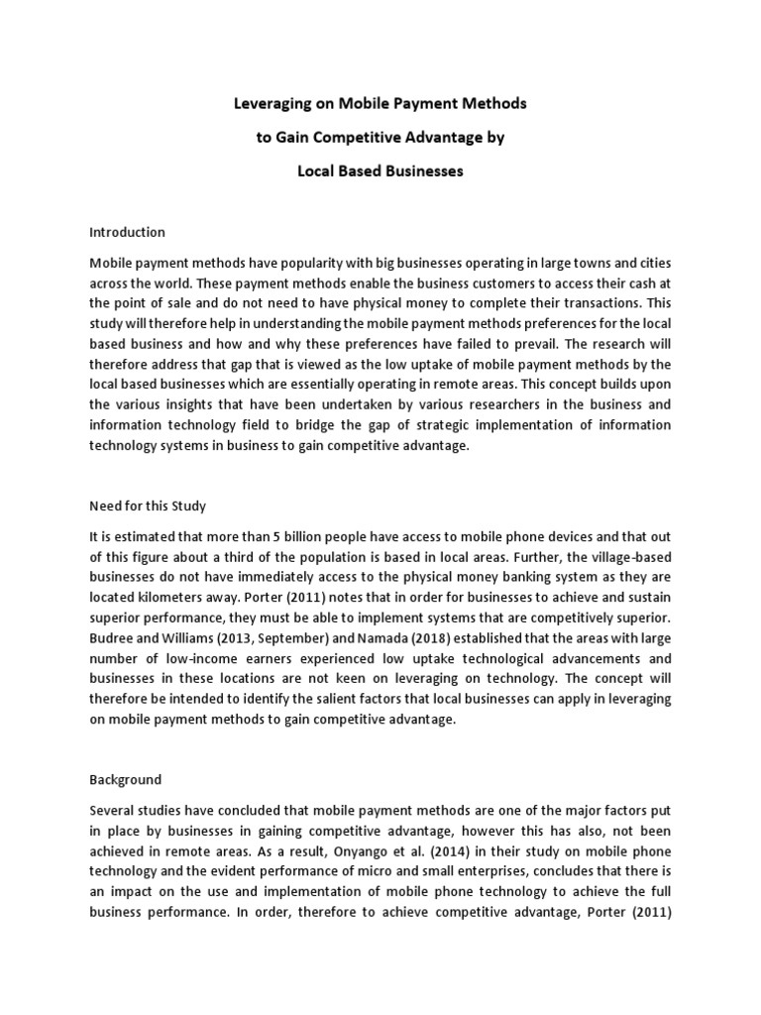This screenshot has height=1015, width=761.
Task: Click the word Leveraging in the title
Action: pos(270,103)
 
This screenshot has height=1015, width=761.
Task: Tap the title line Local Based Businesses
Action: pos(380,171)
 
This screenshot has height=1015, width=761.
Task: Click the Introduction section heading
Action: pos(127,233)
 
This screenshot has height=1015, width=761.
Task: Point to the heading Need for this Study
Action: pos(148,507)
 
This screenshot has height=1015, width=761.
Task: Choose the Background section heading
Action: pos(125,780)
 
